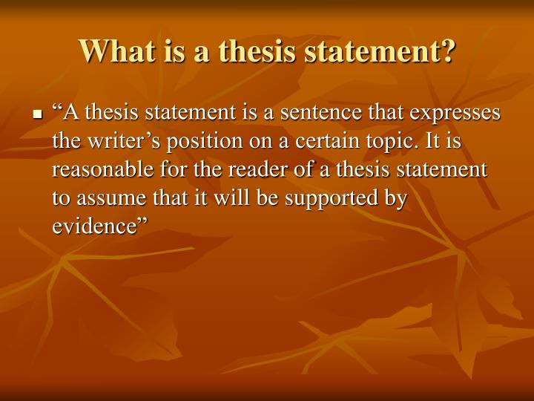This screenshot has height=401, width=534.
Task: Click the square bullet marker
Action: click(x=37, y=116)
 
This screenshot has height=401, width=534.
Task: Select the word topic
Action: click(x=362, y=142)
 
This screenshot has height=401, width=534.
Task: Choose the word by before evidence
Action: click(x=397, y=198)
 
